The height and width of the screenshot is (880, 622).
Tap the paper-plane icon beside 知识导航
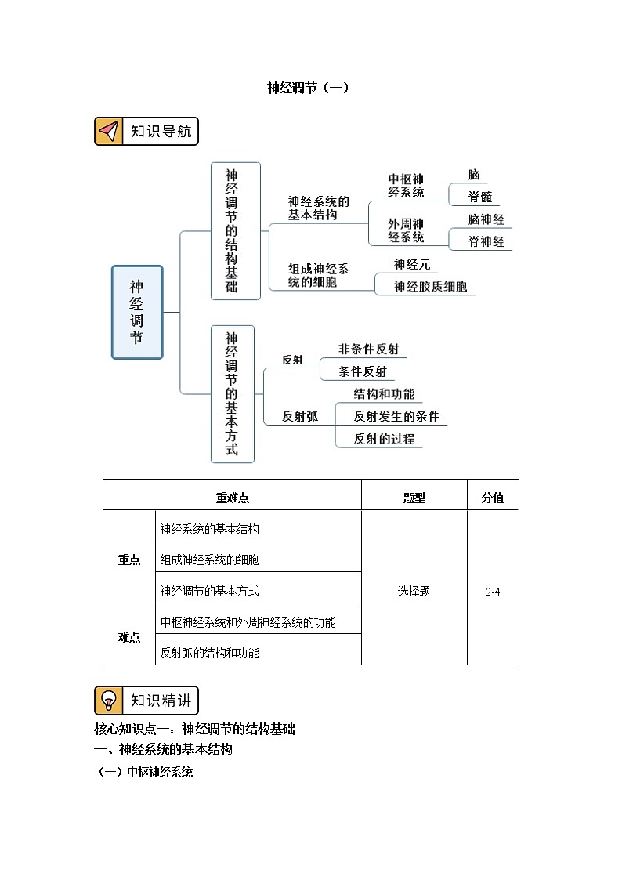click(x=110, y=131)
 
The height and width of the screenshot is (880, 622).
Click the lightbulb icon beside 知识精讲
click(x=110, y=700)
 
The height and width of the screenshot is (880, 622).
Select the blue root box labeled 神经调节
click(x=137, y=312)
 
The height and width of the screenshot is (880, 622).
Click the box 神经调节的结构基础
click(x=235, y=230)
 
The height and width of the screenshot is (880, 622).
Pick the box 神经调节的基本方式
click(x=235, y=394)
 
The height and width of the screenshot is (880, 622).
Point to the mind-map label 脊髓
click(x=479, y=197)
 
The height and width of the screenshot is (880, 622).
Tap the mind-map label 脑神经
click(x=486, y=219)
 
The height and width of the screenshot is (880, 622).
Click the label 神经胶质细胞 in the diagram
click(x=430, y=287)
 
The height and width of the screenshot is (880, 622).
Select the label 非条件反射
click(x=373, y=349)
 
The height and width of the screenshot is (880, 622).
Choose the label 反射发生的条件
click(x=396, y=416)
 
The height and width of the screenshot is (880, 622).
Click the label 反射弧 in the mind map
click(x=300, y=417)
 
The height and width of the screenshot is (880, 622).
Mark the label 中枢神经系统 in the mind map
click(x=406, y=186)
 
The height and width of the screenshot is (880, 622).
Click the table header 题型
click(x=414, y=498)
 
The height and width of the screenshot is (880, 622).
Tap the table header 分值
click(x=492, y=498)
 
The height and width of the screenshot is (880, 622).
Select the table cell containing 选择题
click(x=414, y=592)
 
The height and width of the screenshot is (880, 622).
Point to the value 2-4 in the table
click(x=492, y=592)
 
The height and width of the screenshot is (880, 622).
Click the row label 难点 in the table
click(x=129, y=637)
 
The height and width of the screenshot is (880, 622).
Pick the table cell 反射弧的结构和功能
click(x=209, y=652)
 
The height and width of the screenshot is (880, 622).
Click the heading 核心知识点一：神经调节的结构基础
click(x=194, y=729)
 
